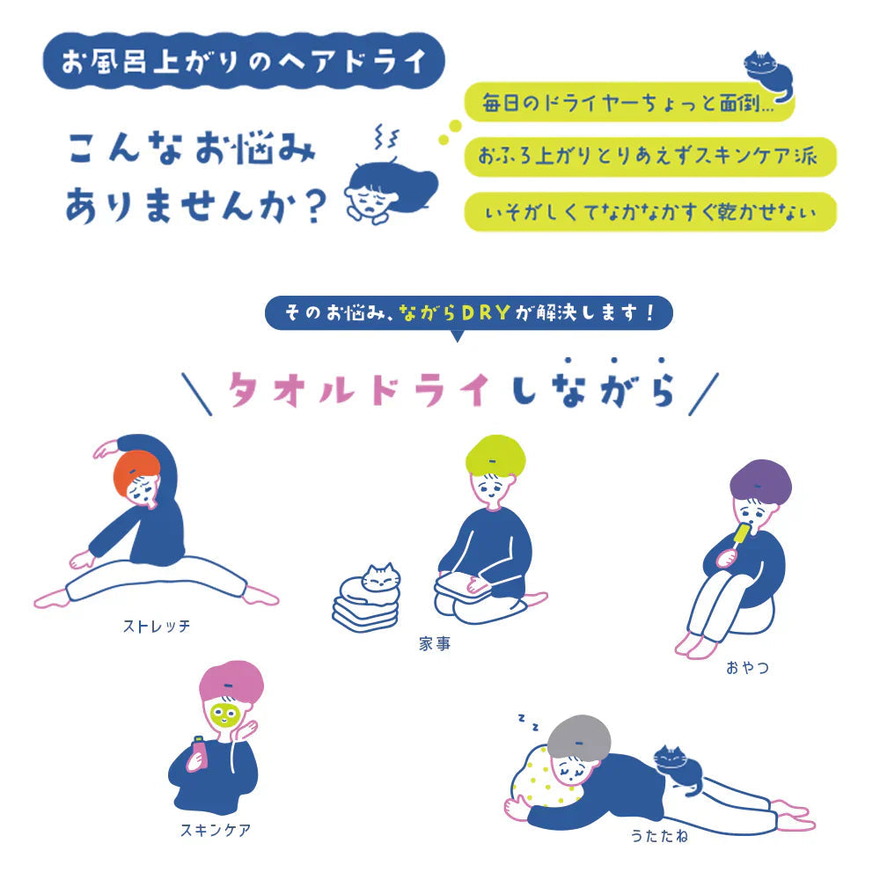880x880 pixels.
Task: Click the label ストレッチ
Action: point(157,627)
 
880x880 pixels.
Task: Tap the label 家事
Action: point(435,643)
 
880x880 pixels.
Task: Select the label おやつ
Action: point(748,667)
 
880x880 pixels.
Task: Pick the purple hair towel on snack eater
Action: point(759,483)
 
